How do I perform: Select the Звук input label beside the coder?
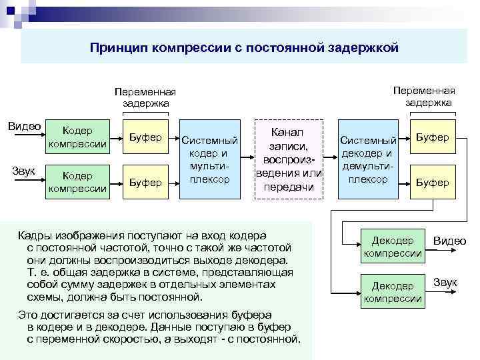tap(24, 169)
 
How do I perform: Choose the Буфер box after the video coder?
tap(145, 137)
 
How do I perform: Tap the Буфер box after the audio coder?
tap(145, 181)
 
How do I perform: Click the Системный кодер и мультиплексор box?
tap(209, 160)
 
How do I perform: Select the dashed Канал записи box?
tap(289, 160)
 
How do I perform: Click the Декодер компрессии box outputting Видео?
tap(393, 246)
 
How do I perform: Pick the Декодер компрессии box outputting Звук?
tap(393, 291)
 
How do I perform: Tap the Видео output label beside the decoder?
tap(449, 241)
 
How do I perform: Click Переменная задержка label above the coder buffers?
tap(145, 97)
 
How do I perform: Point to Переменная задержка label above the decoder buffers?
tap(424, 96)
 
